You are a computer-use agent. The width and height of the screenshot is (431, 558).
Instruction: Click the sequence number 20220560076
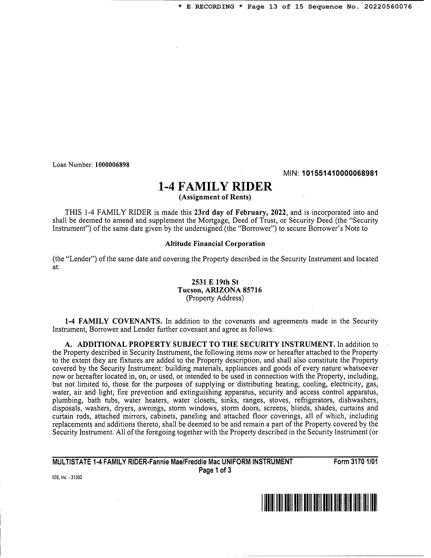click(x=388, y=7)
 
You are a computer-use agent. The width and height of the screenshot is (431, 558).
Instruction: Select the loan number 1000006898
click(x=112, y=165)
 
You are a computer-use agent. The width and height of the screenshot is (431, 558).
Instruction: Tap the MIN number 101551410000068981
click(x=340, y=174)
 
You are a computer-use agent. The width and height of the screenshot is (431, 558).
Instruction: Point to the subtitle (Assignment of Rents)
click(x=215, y=197)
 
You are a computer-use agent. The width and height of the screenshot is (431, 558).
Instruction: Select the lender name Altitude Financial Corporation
click(x=215, y=244)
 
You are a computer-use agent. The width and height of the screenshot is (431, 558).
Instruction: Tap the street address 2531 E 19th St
click(x=215, y=282)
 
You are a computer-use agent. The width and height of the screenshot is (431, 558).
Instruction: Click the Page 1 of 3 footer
click(x=215, y=470)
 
